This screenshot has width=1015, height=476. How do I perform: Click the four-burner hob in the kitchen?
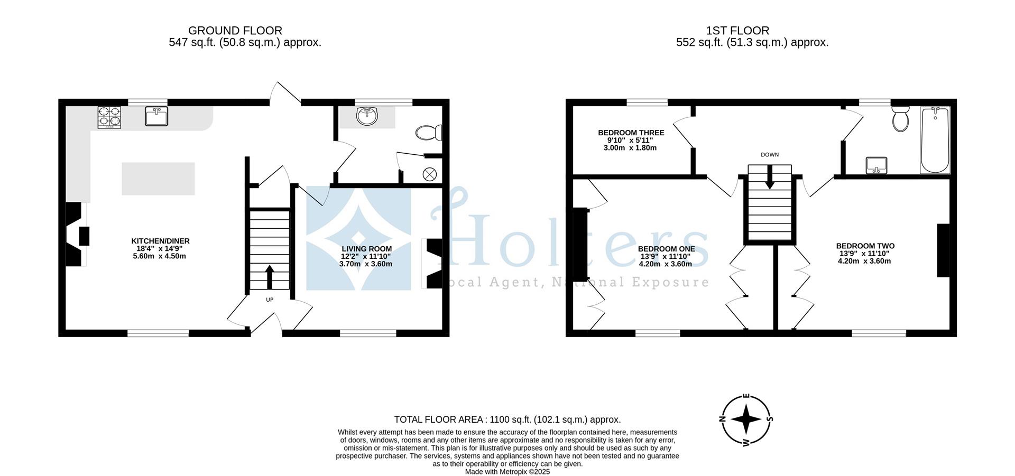109,117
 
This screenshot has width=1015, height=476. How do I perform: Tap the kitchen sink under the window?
156,116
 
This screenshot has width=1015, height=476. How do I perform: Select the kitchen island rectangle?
158,179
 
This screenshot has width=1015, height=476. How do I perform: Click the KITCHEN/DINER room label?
160,241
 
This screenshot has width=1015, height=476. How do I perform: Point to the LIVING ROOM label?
366,249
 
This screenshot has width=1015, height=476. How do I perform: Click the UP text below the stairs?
270,300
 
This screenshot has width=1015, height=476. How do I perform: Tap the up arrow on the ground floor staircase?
270,276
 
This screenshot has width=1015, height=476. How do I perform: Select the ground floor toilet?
429,133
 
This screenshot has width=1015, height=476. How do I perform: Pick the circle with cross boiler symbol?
430,173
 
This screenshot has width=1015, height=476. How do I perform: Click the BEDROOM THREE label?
631,133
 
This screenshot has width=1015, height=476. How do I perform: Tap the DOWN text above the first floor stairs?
770,155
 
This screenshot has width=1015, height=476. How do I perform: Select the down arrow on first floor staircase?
770,178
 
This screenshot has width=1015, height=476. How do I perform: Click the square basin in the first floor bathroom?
876,165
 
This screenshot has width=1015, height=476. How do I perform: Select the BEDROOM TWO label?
865,246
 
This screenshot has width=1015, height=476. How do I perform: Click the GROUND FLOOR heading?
235,31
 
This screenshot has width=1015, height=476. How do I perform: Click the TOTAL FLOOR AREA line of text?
507,419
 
